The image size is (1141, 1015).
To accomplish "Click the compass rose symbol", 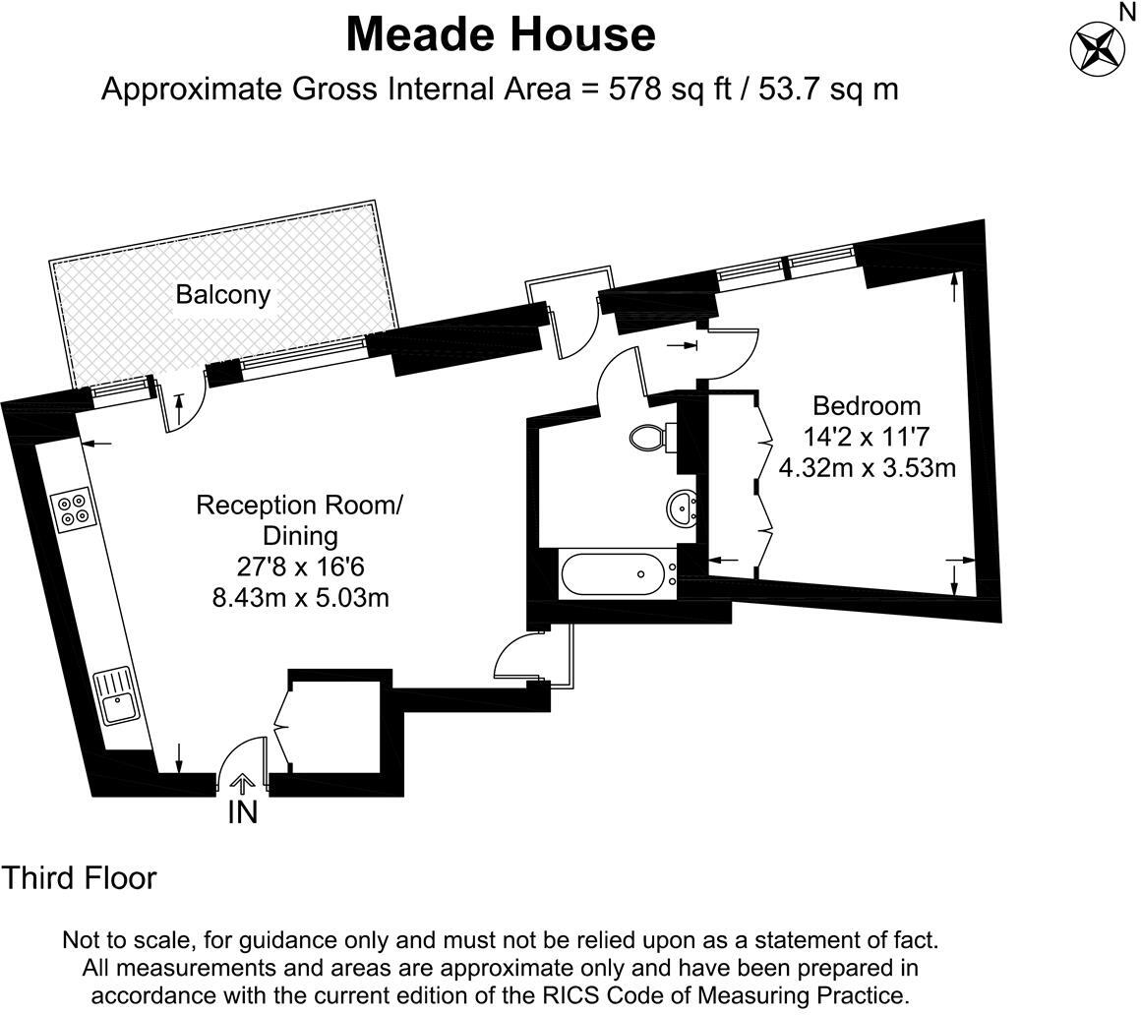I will [1097, 46].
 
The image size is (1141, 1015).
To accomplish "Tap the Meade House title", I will [501, 35].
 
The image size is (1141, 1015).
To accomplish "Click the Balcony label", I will [222, 294].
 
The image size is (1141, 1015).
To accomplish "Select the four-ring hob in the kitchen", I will [72, 509].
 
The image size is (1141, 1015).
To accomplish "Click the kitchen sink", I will [118, 697].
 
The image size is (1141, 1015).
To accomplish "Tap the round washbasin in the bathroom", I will [682, 508].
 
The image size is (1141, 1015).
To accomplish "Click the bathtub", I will [612, 573].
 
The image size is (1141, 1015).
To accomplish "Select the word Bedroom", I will [866, 405].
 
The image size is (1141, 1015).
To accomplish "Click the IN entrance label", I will [242, 813].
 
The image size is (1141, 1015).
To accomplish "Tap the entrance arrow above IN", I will [242, 784].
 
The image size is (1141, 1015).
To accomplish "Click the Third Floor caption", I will [79, 877].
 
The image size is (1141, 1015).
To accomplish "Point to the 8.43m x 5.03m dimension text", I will [300, 596].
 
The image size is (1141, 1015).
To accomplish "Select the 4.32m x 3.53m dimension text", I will [867, 466].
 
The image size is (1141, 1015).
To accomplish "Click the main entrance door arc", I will [236, 757].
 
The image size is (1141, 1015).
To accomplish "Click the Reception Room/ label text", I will [299, 506].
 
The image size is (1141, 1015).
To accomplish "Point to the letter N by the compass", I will [1127, 11].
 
